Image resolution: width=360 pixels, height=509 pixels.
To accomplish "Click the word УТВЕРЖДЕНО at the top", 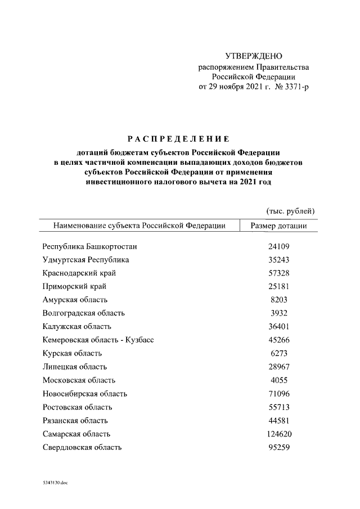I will [x=253, y=56].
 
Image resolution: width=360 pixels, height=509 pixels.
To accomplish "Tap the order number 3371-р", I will [x=291, y=87].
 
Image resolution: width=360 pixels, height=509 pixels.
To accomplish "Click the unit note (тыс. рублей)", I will [x=290, y=211].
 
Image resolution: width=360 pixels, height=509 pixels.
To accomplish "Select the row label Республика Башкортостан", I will [x=90, y=246].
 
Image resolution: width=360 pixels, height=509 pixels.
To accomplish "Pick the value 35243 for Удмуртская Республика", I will [x=279, y=260].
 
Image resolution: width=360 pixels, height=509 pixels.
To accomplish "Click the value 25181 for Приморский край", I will [x=279, y=286].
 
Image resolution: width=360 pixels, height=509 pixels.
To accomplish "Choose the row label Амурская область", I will [x=75, y=300].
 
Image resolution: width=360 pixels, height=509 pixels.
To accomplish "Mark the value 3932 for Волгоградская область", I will [x=279, y=313].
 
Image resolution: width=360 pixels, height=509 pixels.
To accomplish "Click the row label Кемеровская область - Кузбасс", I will [x=98, y=340].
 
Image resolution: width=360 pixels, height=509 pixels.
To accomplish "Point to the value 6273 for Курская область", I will [x=279, y=353].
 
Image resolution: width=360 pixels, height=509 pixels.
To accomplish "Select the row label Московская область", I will [x=79, y=380].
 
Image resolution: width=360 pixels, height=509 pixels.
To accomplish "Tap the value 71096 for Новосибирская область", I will [x=279, y=394].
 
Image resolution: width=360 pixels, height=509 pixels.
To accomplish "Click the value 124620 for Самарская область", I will [x=279, y=434].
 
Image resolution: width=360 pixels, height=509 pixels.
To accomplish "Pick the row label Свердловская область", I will [x=82, y=447].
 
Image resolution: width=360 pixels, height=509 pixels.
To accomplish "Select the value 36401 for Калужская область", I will [x=279, y=326].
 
